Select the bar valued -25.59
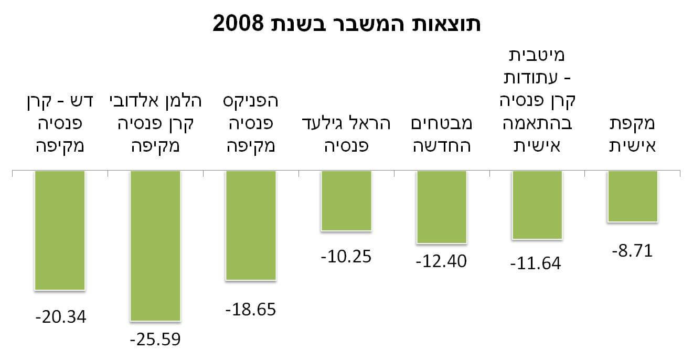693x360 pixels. [155, 246]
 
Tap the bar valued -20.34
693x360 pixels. [60, 230]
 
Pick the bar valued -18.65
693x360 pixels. [251, 225]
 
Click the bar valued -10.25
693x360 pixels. [346, 200]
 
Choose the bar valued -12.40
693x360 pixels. [441, 207]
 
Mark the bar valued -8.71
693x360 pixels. [632, 196]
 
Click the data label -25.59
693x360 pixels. [155, 340]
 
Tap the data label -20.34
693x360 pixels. [60, 317]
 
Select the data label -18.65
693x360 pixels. [251, 309]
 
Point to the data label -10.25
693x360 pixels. [346, 257]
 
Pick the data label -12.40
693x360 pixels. [441, 261]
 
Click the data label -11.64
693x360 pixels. [536, 262]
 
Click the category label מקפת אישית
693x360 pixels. [632, 135]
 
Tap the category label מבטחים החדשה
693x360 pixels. [441, 135]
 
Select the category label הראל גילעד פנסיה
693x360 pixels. [346, 135]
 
